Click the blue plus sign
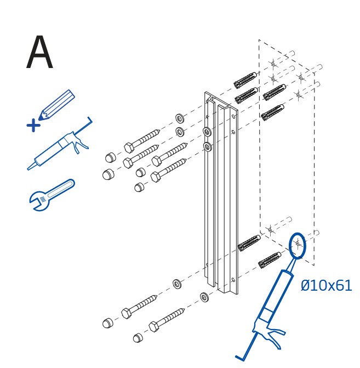point(33,125)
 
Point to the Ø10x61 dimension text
point(326,285)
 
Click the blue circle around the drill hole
point(297,245)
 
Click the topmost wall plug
point(245,81)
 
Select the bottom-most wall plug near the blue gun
point(270,260)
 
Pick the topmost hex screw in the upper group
point(141,140)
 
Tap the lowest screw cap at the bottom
point(139,337)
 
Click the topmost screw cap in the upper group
point(111,157)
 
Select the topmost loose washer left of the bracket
point(180,118)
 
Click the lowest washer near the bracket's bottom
point(204,297)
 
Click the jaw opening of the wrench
point(37,206)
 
